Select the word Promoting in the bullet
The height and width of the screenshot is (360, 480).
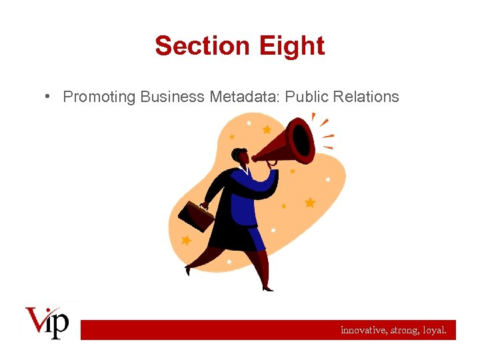99,97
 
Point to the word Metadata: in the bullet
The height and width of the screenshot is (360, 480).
245,97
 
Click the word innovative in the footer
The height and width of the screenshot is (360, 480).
364,329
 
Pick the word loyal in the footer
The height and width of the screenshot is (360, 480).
435,329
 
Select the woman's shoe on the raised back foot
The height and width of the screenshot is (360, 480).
189,270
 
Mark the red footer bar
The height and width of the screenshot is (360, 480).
267,329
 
